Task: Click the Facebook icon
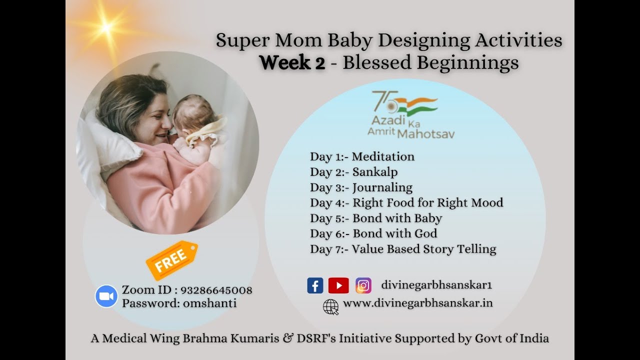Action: coord(315,285)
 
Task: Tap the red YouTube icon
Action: coord(338,285)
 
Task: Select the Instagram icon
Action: coord(363,285)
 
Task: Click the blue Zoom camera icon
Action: coord(106,296)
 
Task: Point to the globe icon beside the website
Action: coord(330,306)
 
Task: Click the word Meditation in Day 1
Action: coord(383,156)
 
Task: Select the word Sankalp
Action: coord(375,172)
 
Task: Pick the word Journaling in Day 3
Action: coord(382,187)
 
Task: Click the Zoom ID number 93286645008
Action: coord(216,290)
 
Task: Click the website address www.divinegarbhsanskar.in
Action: coord(418,303)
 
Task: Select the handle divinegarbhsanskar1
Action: coord(436,285)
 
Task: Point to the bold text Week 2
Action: coord(292,63)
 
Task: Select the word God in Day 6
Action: coord(425,233)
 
